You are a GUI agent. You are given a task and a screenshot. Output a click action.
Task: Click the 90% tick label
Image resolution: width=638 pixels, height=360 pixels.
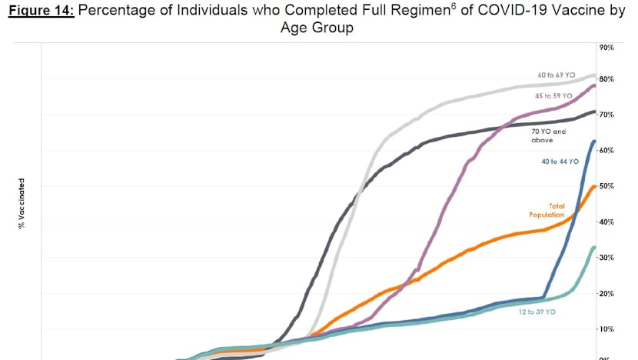pos(606,48)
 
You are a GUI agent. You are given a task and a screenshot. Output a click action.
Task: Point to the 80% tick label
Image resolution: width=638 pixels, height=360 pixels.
pos(606,79)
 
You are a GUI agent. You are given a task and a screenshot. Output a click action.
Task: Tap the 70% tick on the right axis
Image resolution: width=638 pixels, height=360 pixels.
pos(606,115)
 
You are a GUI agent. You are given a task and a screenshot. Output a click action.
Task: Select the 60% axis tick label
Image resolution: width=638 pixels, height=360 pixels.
pos(606,150)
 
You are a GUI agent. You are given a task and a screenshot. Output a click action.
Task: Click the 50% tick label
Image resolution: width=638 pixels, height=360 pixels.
pos(606,186)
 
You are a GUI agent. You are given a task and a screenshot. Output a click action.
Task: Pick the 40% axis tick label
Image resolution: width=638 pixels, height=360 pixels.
pos(606,222)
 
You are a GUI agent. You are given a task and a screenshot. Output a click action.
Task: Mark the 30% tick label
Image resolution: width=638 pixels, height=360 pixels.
pos(606,258)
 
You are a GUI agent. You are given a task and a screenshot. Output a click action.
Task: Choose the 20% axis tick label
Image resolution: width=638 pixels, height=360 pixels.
pos(606,293)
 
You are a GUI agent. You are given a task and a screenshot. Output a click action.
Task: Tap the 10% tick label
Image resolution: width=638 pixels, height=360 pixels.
pos(606,329)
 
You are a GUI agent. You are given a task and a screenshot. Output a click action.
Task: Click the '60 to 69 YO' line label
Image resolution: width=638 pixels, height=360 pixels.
pos(557,75)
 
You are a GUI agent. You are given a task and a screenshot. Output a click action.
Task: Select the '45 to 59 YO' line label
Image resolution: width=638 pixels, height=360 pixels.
pos(554,95)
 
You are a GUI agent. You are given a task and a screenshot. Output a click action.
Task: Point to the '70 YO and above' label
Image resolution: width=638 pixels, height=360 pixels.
pos(548,135)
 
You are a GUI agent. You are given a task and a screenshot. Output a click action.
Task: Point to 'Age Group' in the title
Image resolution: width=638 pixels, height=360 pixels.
pos(318,29)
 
